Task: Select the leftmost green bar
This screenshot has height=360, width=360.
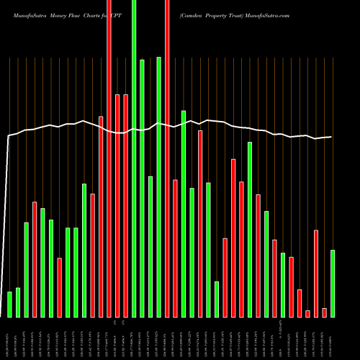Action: tap(9, 304)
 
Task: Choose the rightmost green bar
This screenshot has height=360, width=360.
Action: tap(333, 283)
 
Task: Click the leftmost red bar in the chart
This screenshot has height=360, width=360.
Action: tap(35, 259)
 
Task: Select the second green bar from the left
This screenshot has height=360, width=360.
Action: tap(18, 302)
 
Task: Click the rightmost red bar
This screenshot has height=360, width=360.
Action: tap(324, 312)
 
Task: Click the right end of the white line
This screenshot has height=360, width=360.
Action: tap(332, 137)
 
